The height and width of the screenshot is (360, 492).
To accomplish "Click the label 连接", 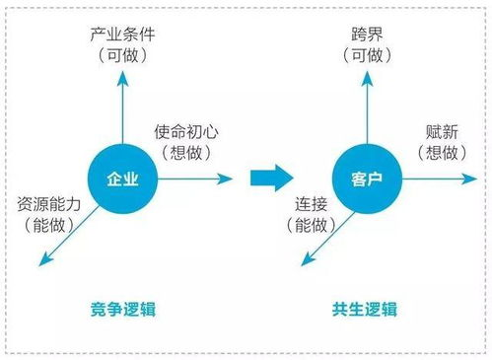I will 313,205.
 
